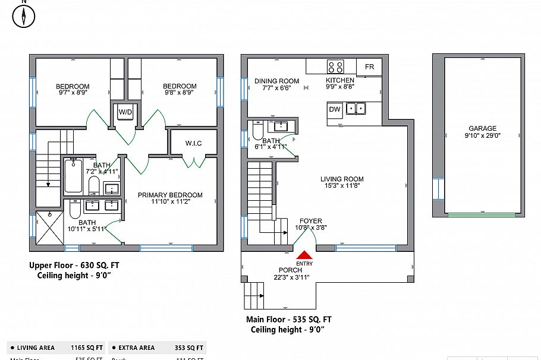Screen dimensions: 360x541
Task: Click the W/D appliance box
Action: [125, 112]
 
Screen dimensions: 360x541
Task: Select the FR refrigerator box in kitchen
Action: [369, 67]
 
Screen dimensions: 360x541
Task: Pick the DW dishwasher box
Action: [335, 109]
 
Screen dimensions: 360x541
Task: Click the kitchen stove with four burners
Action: [335, 67]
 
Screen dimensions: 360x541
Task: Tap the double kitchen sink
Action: [357, 108]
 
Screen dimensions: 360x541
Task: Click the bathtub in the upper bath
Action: [74, 175]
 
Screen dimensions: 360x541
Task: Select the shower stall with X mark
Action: [48, 226]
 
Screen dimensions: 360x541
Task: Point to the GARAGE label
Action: [482, 128]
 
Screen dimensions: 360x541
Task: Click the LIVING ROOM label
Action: [342, 179]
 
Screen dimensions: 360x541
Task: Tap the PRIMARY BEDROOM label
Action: [170, 195]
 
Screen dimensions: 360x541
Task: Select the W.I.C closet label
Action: [193, 143]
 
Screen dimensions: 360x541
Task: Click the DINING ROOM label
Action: [276, 81]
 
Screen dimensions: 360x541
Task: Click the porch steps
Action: [254, 295]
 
